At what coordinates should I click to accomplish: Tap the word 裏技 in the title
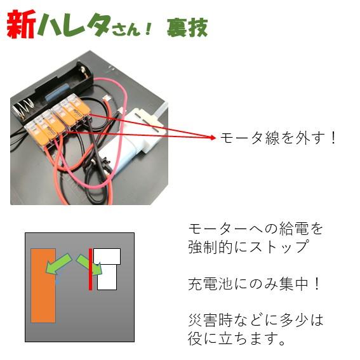[187, 27]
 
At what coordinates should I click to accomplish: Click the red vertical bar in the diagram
[91, 269]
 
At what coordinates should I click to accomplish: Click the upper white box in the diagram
[107, 255]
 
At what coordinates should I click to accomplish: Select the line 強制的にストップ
[248, 246]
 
